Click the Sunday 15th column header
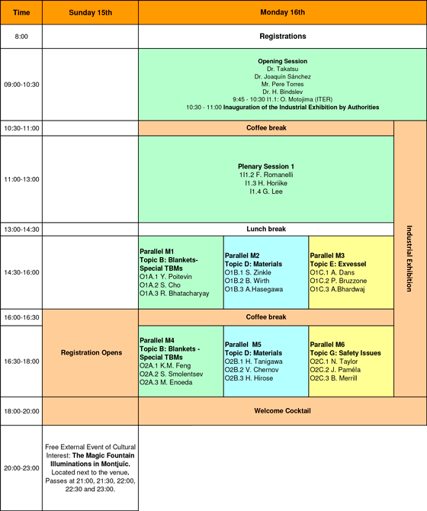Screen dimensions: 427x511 [x=90, y=13]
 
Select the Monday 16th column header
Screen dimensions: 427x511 [x=282, y=12]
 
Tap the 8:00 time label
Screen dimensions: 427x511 [x=21, y=37]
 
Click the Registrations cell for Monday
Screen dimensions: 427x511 [x=283, y=36]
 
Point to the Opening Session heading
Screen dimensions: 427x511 [x=282, y=61]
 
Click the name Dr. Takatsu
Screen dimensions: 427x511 [x=282, y=69]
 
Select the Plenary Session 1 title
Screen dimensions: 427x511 [x=266, y=166]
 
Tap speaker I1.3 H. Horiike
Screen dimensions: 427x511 [x=266, y=183]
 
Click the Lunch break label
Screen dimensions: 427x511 [x=266, y=229]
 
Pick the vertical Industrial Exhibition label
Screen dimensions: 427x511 [x=409, y=259]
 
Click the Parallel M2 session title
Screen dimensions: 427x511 [x=242, y=256]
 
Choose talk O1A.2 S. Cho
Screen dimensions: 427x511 [x=160, y=284]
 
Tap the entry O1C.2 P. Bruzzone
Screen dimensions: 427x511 [x=338, y=281]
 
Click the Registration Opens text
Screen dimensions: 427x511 [x=91, y=352]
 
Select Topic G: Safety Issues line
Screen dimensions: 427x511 [x=345, y=353]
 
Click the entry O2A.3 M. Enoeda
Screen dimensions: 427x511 [x=165, y=382]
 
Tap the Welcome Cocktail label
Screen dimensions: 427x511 [x=282, y=410]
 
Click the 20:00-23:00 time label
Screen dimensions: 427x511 [x=21, y=468]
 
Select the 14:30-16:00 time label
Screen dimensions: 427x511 [x=21, y=272]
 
